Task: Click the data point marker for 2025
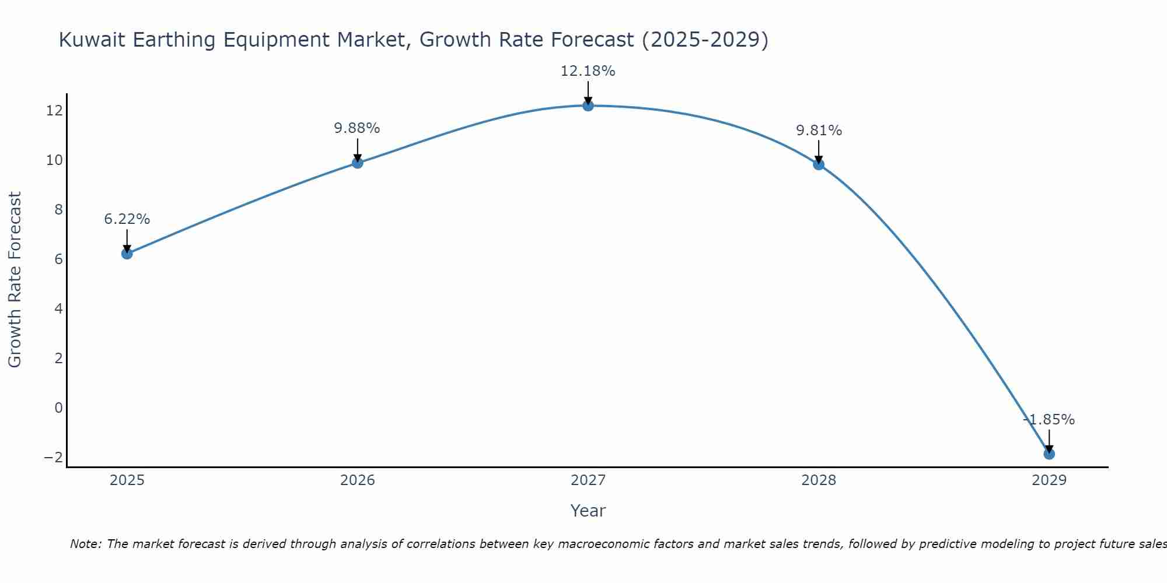tap(127, 254)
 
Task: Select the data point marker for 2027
tap(588, 106)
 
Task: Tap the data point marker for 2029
tap(1049, 454)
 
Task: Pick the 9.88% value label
tap(357, 128)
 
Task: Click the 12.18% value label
tap(588, 71)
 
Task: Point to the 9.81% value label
tap(819, 131)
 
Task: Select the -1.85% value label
tap(1049, 420)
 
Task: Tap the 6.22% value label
tap(127, 219)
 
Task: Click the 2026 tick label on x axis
tap(357, 480)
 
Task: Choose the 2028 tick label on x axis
tap(819, 480)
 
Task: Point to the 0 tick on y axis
tap(58, 408)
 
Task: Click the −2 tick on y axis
tap(54, 457)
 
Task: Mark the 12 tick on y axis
tap(54, 111)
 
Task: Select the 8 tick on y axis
tap(58, 210)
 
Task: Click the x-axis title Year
tap(588, 511)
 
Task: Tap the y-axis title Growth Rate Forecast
tap(15, 279)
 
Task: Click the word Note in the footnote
tap(85, 544)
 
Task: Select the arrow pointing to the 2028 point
tap(819, 152)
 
